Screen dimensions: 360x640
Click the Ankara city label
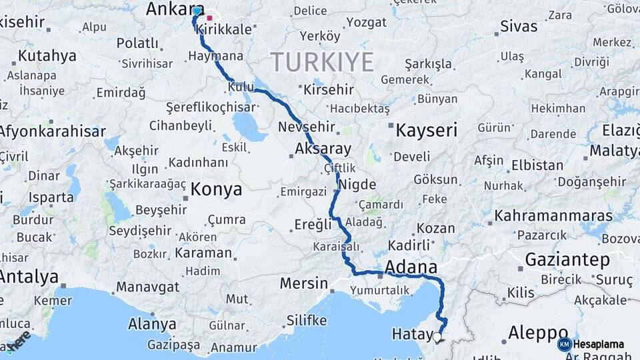[x=167, y=9]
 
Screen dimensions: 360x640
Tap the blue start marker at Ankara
[x=197, y=11]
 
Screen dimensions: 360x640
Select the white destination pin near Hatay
[x=437, y=337]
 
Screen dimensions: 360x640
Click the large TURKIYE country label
[x=322, y=62]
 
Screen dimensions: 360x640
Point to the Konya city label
[x=216, y=190]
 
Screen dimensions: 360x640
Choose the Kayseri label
[x=426, y=130]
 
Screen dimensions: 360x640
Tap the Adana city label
[x=411, y=267]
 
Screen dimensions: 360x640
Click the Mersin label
[x=303, y=283]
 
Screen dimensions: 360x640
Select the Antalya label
[x=29, y=277]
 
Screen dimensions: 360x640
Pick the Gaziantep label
[x=567, y=260]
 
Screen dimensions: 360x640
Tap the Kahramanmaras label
[x=553, y=217]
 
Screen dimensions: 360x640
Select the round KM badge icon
[x=564, y=345]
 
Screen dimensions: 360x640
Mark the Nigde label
[x=357, y=185]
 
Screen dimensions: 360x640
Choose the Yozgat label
[x=367, y=22]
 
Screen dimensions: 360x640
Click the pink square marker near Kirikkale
[x=209, y=18]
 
